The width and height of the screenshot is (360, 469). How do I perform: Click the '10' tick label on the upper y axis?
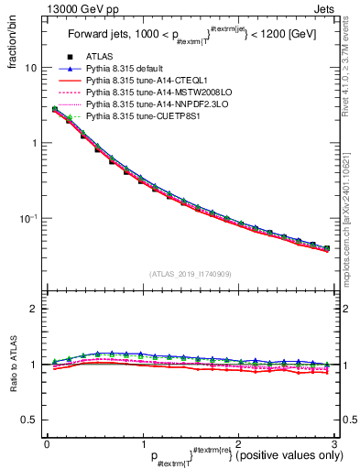30,69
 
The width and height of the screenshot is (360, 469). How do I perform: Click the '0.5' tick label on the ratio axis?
28,420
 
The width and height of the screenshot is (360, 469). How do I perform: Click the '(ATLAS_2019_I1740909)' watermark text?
190,274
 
